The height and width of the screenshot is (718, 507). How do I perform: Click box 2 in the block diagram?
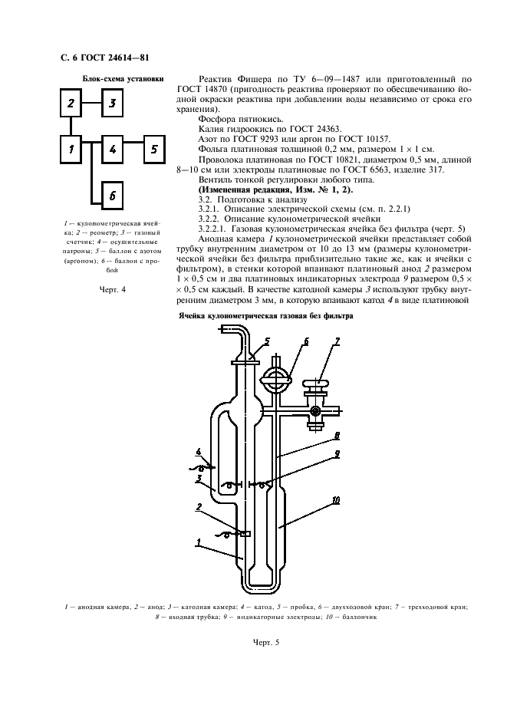click(x=71, y=103)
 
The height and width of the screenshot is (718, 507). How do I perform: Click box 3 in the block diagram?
click(x=112, y=103)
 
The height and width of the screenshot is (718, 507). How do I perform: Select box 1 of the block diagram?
click(x=71, y=150)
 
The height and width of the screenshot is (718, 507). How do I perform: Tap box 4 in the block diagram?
click(x=112, y=150)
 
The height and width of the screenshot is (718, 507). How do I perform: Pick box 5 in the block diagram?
click(x=154, y=150)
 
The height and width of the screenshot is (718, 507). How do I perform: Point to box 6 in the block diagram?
click(x=112, y=196)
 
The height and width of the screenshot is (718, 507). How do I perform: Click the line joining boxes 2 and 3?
click(x=91, y=103)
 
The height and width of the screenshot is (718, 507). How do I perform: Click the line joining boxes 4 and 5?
click(x=133, y=143)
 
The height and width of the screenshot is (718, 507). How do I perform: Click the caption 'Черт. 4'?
click(x=112, y=289)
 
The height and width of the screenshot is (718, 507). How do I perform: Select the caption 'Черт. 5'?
click(x=266, y=642)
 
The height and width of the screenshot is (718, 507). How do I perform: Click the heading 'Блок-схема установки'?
click(x=123, y=78)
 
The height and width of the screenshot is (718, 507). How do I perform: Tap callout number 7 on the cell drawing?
click(x=337, y=341)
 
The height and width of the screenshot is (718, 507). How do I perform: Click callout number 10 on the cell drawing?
click(x=336, y=500)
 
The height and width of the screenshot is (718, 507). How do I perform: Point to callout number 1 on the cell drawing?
click(x=199, y=542)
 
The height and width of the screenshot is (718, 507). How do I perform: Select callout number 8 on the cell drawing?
click(x=337, y=434)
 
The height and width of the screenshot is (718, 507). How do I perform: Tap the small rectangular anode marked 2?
click(x=245, y=533)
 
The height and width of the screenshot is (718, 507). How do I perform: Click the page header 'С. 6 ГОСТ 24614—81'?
click(x=105, y=58)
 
